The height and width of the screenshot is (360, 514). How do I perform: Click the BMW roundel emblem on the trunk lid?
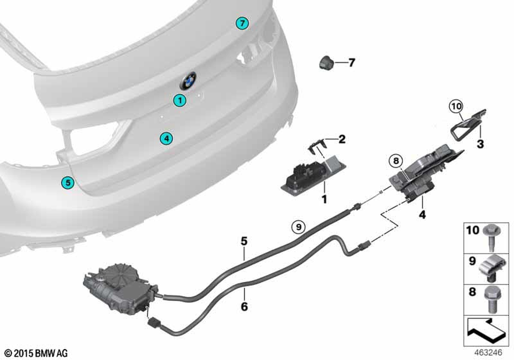point(188,81)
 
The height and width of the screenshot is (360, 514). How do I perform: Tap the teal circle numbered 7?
point(242,23)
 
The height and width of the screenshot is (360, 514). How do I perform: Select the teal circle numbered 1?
point(179,100)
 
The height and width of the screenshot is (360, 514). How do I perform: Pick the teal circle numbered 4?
point(167,138)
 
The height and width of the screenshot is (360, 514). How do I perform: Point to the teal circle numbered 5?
point(67,182)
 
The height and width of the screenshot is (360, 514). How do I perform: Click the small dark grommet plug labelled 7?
point(326,62)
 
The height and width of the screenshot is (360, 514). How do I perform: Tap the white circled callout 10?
point(456,106)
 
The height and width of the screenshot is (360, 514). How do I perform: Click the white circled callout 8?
point(396,160)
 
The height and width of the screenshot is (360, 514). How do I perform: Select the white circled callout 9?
point(298,227)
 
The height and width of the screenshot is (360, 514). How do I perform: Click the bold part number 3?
point(480,143)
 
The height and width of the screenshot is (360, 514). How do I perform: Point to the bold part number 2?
point(342,139)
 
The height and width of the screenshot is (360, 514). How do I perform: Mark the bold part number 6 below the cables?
point(244,307)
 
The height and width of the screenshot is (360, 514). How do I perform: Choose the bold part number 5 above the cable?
point(244,241)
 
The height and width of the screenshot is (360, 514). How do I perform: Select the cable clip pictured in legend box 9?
point(490,269)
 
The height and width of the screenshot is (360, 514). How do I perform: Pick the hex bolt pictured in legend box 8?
point(491,299)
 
